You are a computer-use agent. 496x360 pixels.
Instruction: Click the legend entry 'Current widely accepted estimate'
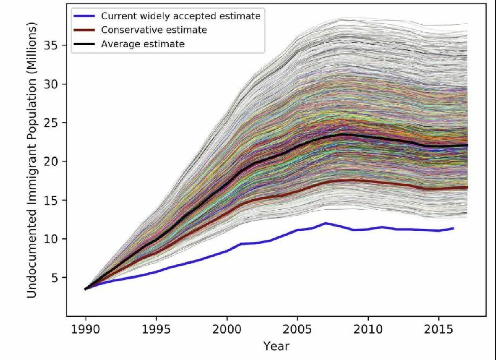click(x=180, y=16)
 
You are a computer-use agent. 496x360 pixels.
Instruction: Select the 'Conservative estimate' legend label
click(x=154, y=30)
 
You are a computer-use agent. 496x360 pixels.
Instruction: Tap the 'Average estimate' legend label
click(x=143, y=44)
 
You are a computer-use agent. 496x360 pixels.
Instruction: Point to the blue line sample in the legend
click(x=84, y=16)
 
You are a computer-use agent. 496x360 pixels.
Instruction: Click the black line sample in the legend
click(x=84, y=44)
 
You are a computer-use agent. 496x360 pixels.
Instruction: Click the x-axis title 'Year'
click(x=276, y=346)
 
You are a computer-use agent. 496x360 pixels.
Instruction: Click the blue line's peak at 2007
click(x=326, y=223)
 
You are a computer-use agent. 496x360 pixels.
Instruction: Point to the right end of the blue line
click(x=453, y=228)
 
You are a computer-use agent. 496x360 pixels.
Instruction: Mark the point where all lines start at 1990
click(x=85, y=289)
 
